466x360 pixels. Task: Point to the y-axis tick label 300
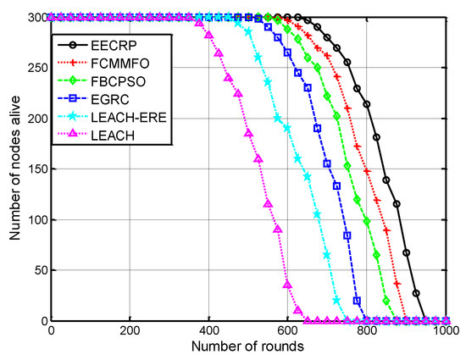[x=36, y=17]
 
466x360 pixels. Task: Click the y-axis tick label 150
[x=36, y=169]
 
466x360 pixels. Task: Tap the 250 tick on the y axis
[x=36, y=68]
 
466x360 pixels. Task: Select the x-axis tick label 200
[x=130, y=331]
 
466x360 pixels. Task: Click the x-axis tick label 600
[x=288, y=331]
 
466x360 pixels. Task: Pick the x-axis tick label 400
[x=209, y=331]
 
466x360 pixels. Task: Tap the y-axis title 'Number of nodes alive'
[x=15, y=169]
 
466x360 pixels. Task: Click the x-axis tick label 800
[x=367, y=331]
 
